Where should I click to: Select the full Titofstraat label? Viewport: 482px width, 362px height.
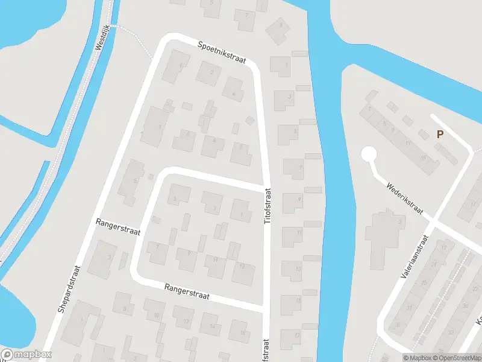click(268, 207)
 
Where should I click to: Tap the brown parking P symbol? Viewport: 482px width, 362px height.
click(440, 135)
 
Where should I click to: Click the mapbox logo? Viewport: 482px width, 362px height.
click(27, 355)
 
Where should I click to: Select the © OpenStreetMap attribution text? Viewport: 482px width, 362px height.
click(457, 358)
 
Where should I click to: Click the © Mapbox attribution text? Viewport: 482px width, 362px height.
click(417, 358)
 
